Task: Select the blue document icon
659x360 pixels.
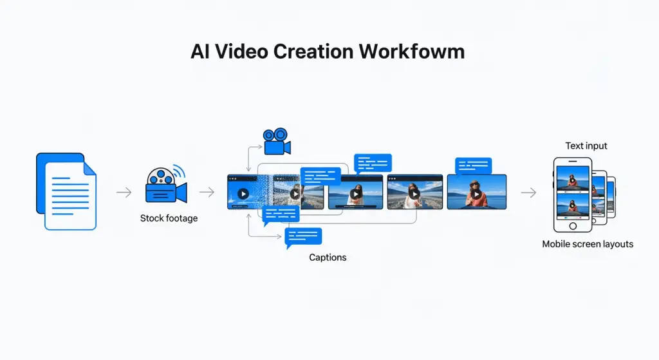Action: [66, 191]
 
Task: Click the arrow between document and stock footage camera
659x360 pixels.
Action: [124, 192]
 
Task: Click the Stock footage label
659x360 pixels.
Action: [169, 218]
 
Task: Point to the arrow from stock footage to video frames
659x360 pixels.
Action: [207, 192]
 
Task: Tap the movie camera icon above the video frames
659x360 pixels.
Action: [277, 141]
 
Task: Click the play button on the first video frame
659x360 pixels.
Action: [243, 193]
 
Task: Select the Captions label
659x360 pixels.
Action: [328, 258]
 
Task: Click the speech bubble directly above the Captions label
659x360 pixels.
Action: [303, 238]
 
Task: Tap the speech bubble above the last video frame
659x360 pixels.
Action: [473, 166]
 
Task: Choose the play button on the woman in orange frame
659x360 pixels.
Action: [477, 194]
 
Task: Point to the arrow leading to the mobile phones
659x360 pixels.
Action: [528, 192]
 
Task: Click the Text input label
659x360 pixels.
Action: [586, 146]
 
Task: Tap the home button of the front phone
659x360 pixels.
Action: [572, 226]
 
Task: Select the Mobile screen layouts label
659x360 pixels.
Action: [588, 244]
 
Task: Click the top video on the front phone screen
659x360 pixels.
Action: [573, 178]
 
